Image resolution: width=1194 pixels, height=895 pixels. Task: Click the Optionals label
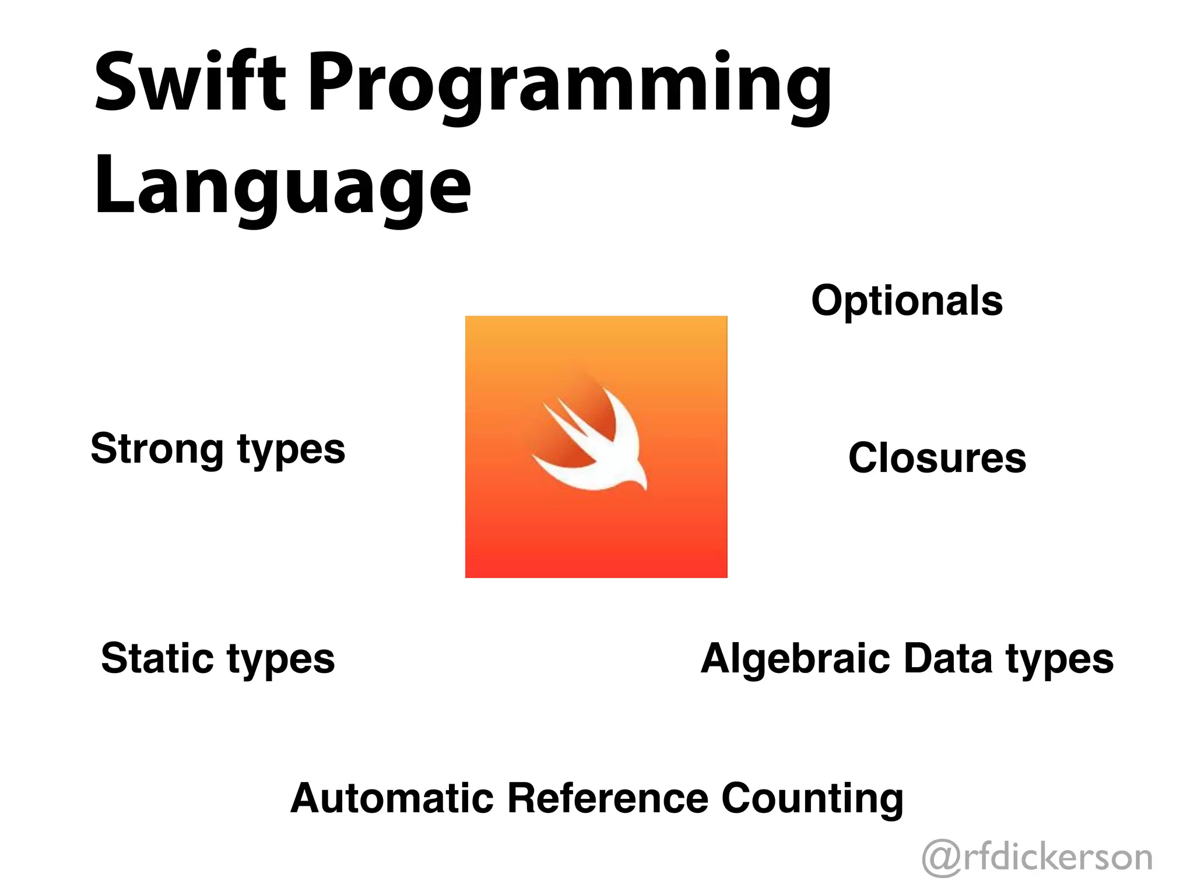907,301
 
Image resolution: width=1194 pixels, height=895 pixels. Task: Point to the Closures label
937,458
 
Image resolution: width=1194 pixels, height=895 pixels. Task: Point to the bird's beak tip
645,488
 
